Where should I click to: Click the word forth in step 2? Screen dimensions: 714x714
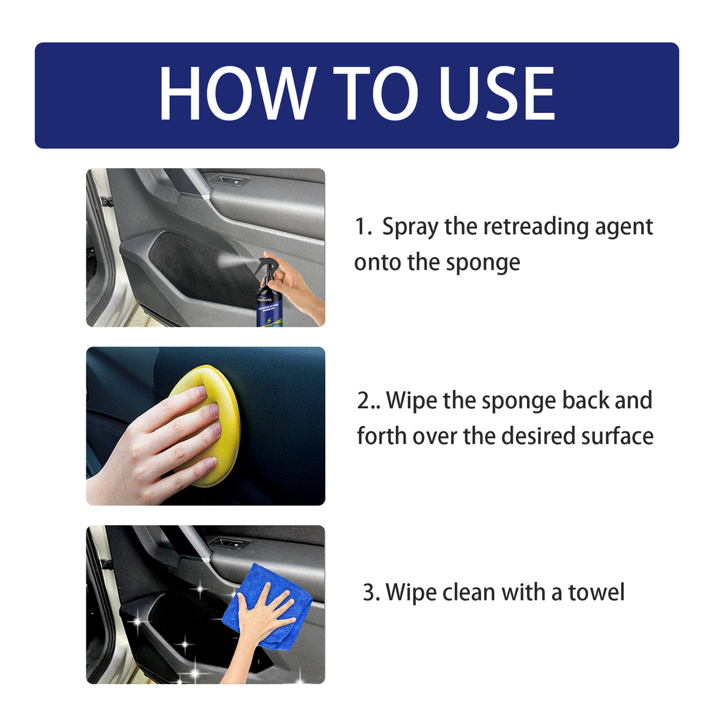(x=382, y=436)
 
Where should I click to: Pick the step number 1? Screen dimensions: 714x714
(x=362, y=227)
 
